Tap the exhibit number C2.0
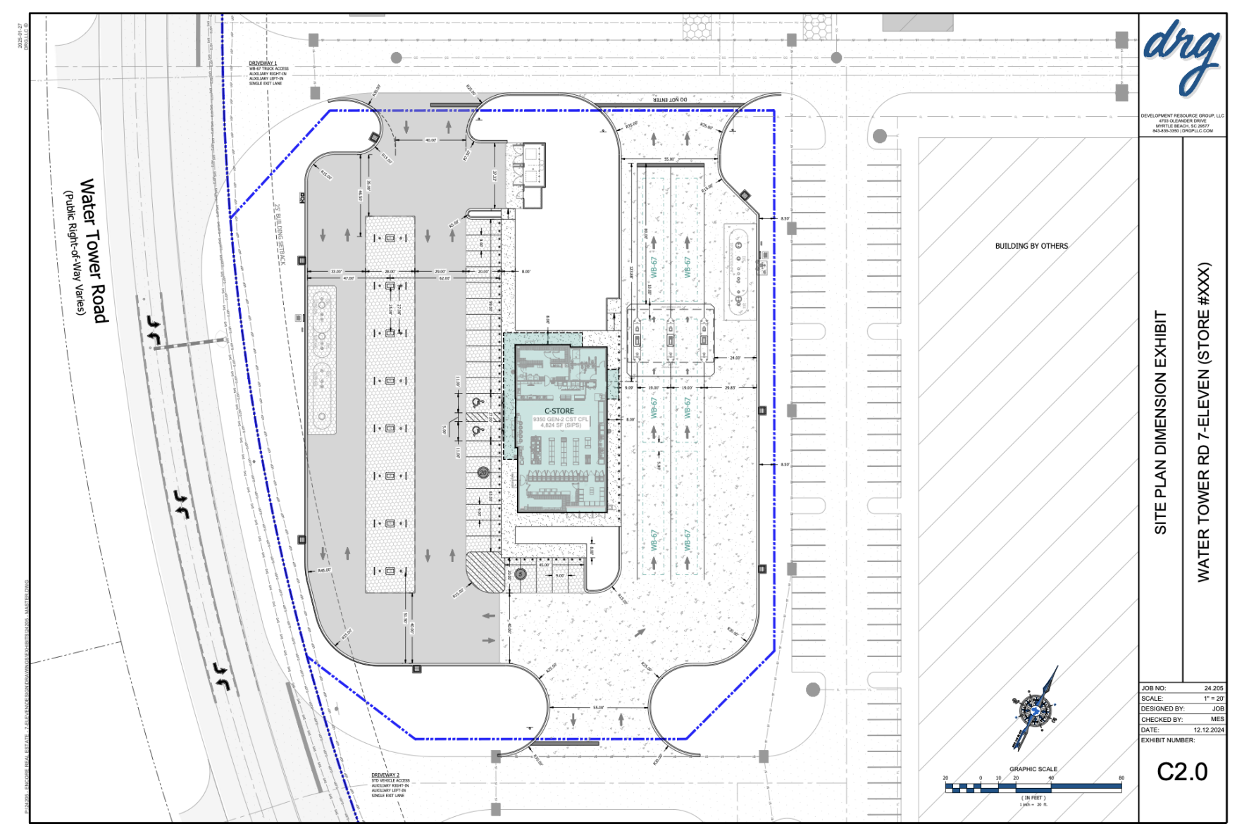pyautogui.click(x=1182, y=773)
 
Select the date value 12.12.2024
pyautogui.click(x=1209, y=730)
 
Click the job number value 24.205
pyautogui.click(x=1213, y=688)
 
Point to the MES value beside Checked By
pyautogui.click(x=1217, y=719)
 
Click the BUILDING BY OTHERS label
pyautogui.click(x=1031, y=246)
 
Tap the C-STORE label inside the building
pyautogui.click(x=559, y=411)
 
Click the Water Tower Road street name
pyautogui.click(x=94, y=251)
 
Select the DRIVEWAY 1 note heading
pyautogui.click(x=262, y=63)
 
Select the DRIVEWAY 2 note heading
pyautogui.click(x=385, y=775)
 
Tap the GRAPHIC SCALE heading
pyautogui.click(x=1033, y=769)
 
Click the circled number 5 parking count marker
pyautogui.click(x=521, y=574)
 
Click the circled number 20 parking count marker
pyautogui.click(x=483, y=473)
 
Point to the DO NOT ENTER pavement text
pyautogui.click(x=670, y=100)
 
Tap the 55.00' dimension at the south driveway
pyautogui.click(x=598, y=707)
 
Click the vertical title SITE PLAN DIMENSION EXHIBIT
pyautogui.click(x=1160, y=423)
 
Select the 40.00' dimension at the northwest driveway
pyautogui.click(x=430, y=140)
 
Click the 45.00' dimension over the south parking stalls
pyautogui.click(x=544, y=565)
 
